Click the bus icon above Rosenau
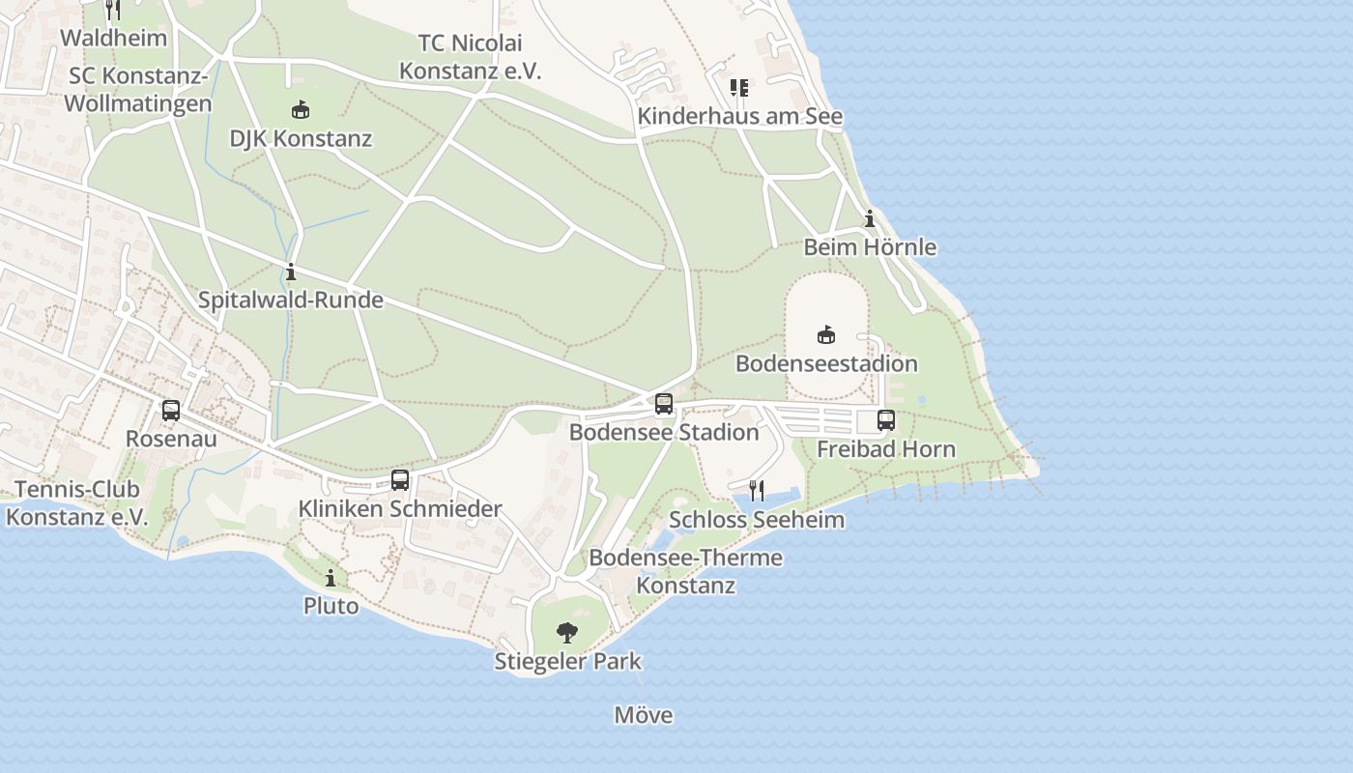(x=171, y=411)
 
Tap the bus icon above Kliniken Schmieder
(x=400, y=480)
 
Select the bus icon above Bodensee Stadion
(x=664, y=404)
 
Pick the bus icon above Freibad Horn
(x=886, y=420)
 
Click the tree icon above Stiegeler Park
(x=567, y=633)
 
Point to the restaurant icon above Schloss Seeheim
(x=757, y=491)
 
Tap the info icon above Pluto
(x=331, y=578)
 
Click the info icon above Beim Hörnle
(x=870, y=219)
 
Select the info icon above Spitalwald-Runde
(x=291, y=272)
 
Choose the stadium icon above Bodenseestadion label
(x=826, y=335)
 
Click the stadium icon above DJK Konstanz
(x=301, y=109)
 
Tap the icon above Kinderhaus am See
(x=739, y=88)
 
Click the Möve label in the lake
(x=644, y=716)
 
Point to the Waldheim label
(x=114, y=39)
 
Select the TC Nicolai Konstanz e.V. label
(x=471, y=57)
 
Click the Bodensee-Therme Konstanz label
(x=686, y=572)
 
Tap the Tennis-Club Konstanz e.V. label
(x=77, y=503)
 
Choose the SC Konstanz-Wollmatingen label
(x=138, y=90)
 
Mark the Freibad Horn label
(x=886, y=449)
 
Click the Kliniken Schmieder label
(x=400, y=509)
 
